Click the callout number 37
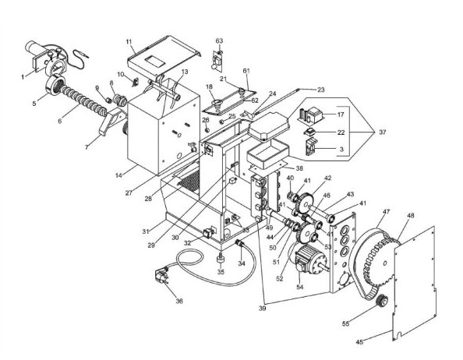pos(382,132)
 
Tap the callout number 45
pos(359,342)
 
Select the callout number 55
pos(345,323)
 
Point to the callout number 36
pos(179,301)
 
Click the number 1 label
pos(23,77)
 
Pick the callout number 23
pos(320,90)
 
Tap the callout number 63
pos(219,41)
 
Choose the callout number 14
pos(118,175)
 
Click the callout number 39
pos(262,309)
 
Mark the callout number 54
pos(300,287)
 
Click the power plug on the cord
pos(161,277)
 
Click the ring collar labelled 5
pos(55,85)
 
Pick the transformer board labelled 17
pos(311,115)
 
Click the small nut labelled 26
pos(207,129)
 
